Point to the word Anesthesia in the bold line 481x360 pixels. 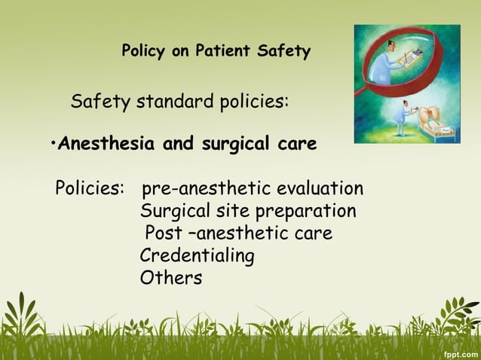(x=108, y=143)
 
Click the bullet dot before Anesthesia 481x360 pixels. (x=54, y=143)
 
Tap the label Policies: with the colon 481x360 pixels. (x=90, y=188)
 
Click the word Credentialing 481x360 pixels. (x=197, y=256)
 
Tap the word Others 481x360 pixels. (x=171, y=278)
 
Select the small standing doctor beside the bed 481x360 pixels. (x=405, y=117)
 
